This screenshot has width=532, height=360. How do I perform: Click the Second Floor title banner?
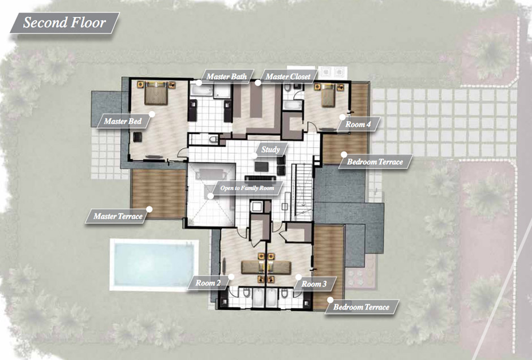(65, 23)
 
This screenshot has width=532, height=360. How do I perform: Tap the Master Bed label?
(122, 121)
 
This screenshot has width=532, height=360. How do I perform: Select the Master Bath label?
(226, 76)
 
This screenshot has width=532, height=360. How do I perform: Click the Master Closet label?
(288, 76)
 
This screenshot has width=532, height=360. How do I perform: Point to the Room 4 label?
(358, 124)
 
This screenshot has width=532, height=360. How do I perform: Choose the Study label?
(271, 149)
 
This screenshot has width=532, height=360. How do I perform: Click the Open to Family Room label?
(247, 188)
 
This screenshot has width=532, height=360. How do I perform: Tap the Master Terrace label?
(118, 216)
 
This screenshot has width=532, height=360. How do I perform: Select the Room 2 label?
(208, 283)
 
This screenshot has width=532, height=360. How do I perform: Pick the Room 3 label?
(314, 284)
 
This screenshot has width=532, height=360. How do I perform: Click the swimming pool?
(154, 265)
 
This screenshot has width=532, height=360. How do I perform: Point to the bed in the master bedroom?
(156, 93)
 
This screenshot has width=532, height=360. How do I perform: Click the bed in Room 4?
(328, 95)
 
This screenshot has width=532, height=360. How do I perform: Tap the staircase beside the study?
(303, 192)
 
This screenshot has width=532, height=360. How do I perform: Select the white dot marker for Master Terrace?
(149, 209)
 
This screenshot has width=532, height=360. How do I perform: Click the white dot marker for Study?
(254, 156)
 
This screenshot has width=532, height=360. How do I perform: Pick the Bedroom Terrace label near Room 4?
(375, 162)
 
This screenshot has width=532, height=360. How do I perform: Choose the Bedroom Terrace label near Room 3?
(361, 307)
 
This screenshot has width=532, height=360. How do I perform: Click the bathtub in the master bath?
(201, 90)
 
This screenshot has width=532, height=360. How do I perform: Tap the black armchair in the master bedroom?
(138, 138)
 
